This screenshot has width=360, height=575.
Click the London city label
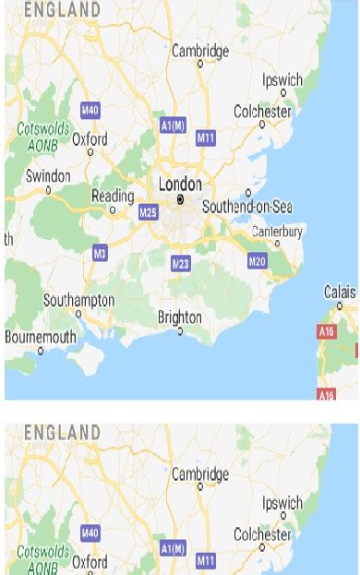coord(180,185)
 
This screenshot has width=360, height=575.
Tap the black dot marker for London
coord(181,198)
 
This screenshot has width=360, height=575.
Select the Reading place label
coord(113,196)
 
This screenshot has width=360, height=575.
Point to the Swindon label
coord(48,176)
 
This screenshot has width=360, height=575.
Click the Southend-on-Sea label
coord(247,207)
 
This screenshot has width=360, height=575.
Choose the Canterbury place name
coord(277,231)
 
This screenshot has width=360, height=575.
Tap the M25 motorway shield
coord(148,213)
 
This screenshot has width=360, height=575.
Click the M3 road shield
coord(101,252)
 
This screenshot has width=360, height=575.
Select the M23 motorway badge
coord(181,265)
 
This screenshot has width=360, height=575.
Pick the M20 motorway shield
coord(258,261)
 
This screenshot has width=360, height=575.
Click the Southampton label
coord(78,300)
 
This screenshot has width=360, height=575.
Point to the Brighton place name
coord(179,317)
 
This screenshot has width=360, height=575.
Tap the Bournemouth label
coord(41,337)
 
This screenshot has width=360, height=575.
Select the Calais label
coord(340,292)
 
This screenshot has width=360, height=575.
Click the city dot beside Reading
coord(113,210)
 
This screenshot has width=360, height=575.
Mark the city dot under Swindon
coord(49,190)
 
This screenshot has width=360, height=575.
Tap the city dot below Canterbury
coord(278,244)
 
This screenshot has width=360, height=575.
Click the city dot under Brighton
coord(181,330)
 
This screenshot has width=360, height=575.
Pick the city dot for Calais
coord(340,305)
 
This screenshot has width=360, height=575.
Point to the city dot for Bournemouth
coord(41,351)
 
